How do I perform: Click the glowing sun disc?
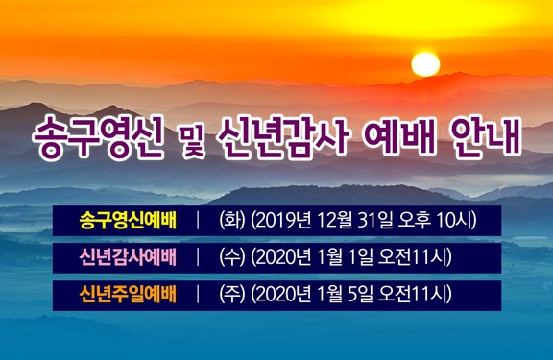click(x=424, y=63)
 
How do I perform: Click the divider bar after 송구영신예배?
click(x=197, y=220)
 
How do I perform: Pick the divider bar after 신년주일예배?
click(x=197, y=294)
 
